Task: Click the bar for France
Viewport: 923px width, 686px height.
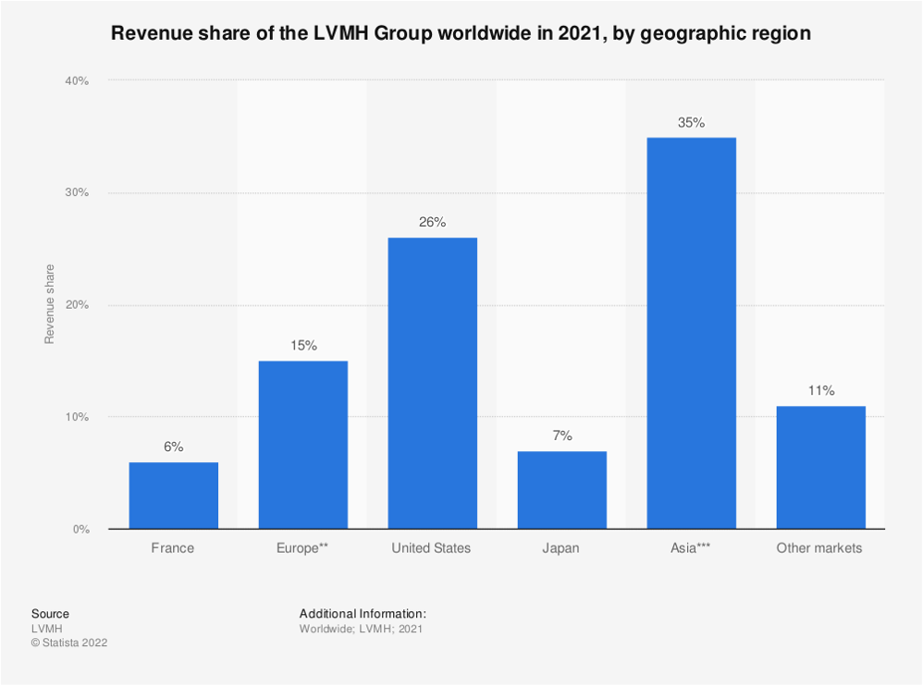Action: tap(173, 496)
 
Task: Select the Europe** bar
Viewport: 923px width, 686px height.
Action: tap(302, 445)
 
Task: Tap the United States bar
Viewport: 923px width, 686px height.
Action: tap(432, 383)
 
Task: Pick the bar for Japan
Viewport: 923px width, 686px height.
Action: tap(561, 490)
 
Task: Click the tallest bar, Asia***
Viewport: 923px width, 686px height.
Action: tap(691, 333)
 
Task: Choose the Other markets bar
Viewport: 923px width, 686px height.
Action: tap(820, 468)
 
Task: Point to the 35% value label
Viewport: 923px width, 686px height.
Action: tap(691, 122)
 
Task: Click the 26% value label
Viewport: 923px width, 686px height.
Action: tap(432, 223)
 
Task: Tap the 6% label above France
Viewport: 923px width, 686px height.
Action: tap(173, 447)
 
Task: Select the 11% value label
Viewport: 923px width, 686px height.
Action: tap(820, 391)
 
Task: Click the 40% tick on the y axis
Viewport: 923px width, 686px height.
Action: tap(76, 81)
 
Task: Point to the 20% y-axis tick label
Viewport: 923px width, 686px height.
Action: tap(76, 305)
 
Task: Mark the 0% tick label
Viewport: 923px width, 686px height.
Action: tap(80, 530)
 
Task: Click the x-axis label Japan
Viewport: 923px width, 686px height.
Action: tap(561, 548)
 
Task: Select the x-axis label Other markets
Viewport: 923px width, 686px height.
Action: tap(819, 548)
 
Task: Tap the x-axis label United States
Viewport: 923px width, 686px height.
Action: tap(431, 548)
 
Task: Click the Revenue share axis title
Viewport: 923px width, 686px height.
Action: tap(50, 304)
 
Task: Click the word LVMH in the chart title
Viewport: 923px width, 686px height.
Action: tap(341, 34)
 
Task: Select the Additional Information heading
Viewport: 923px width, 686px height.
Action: tap(363, 614)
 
